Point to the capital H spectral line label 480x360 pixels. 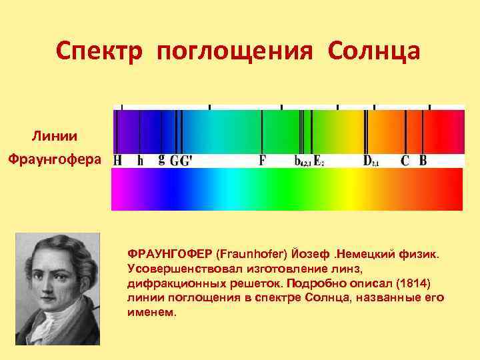118,161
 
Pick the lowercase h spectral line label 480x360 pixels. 140,161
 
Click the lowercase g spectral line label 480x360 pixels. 161,160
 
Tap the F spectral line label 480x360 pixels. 262,161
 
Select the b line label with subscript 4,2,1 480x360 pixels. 297,161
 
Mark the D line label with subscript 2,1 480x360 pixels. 367,161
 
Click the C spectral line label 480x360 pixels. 404,161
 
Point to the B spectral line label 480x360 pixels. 423,161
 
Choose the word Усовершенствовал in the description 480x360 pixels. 176,268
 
